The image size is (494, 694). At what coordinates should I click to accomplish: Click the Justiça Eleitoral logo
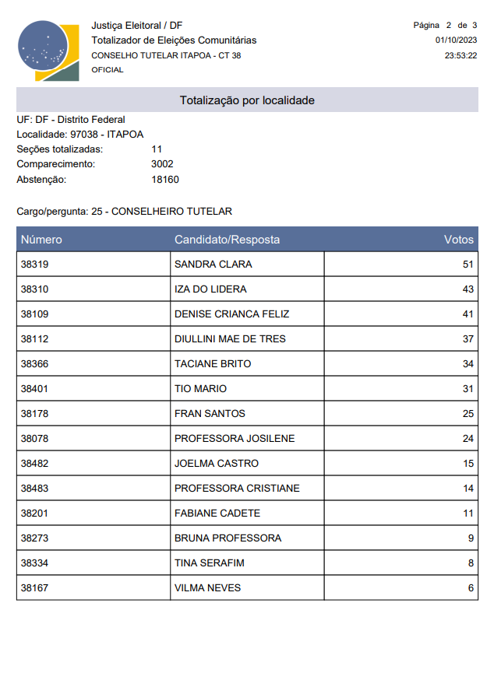coord(48,51)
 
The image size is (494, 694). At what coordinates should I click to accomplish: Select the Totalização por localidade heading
coord(247,100)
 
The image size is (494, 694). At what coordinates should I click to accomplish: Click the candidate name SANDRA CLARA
coord(213,265)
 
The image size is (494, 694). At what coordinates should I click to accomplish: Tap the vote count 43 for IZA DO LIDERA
coord(468,289)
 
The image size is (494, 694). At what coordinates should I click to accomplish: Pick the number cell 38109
coord(34,314)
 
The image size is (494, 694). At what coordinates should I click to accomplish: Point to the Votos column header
coord(458,240)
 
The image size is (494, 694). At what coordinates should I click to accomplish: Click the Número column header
coord(41,240)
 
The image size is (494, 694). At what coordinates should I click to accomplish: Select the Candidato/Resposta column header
coord(227,240)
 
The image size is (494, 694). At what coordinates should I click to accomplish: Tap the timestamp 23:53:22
coord(460,56)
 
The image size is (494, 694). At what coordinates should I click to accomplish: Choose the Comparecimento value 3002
coord(162,164)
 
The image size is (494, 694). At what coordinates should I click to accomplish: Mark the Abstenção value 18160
coord(165,180)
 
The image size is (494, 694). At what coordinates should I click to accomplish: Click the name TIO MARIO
coord(200,389)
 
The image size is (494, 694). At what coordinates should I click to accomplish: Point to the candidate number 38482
coord(34,464)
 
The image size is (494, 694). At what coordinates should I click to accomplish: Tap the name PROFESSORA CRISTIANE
coord(237,489)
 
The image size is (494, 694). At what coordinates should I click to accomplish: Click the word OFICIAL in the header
coord(108,70)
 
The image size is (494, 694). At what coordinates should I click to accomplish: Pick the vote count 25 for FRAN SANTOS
coord(468,414)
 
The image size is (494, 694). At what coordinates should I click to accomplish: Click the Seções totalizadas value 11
coord(157,149)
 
